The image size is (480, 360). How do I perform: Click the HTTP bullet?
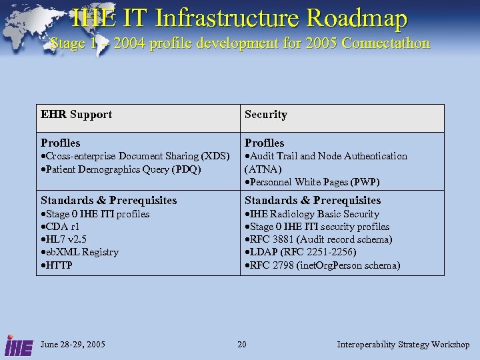(59, 265)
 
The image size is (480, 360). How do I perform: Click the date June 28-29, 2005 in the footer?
(73, 345)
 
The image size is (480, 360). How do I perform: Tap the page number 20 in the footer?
(242, 345)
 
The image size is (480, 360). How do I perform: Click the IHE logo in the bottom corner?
(16, 344)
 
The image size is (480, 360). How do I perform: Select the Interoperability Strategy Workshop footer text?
(403, 345)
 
